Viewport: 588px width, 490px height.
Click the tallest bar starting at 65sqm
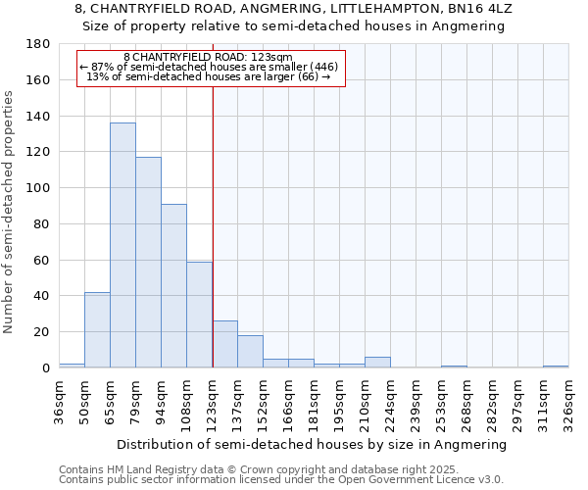122,245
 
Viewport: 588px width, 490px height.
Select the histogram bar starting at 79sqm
148,262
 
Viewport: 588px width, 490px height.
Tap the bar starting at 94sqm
173,285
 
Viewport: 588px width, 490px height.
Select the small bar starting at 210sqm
377,363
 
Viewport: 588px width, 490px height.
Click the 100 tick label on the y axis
39,188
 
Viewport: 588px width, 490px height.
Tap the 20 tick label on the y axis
42,332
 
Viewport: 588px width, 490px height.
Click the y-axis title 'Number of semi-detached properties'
10,212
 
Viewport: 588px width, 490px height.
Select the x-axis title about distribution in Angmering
313,444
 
